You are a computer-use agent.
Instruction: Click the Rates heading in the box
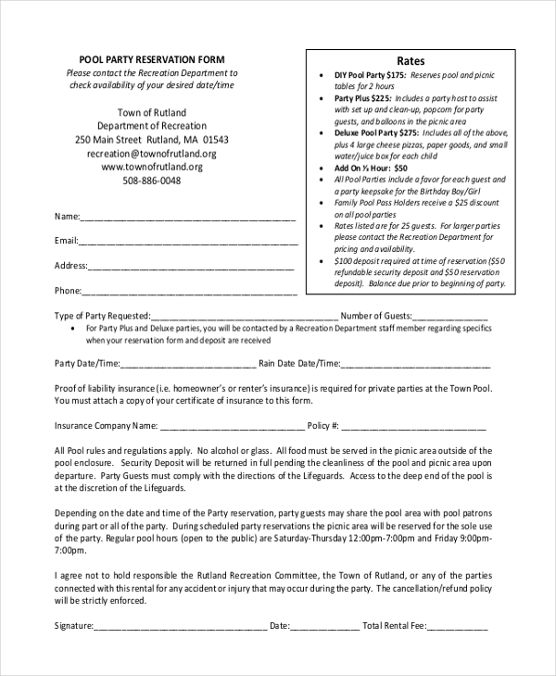(x=411, y=60)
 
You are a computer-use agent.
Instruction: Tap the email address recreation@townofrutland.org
(x=151, y=154)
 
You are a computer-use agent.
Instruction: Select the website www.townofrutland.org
(x=151, y=167)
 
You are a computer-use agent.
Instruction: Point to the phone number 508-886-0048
(x=151, y=181)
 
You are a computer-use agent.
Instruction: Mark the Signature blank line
(x=180, y=627)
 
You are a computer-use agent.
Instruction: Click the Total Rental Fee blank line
(x=457, y=627)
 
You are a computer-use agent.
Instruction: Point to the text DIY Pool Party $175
(x=370, y=75)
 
